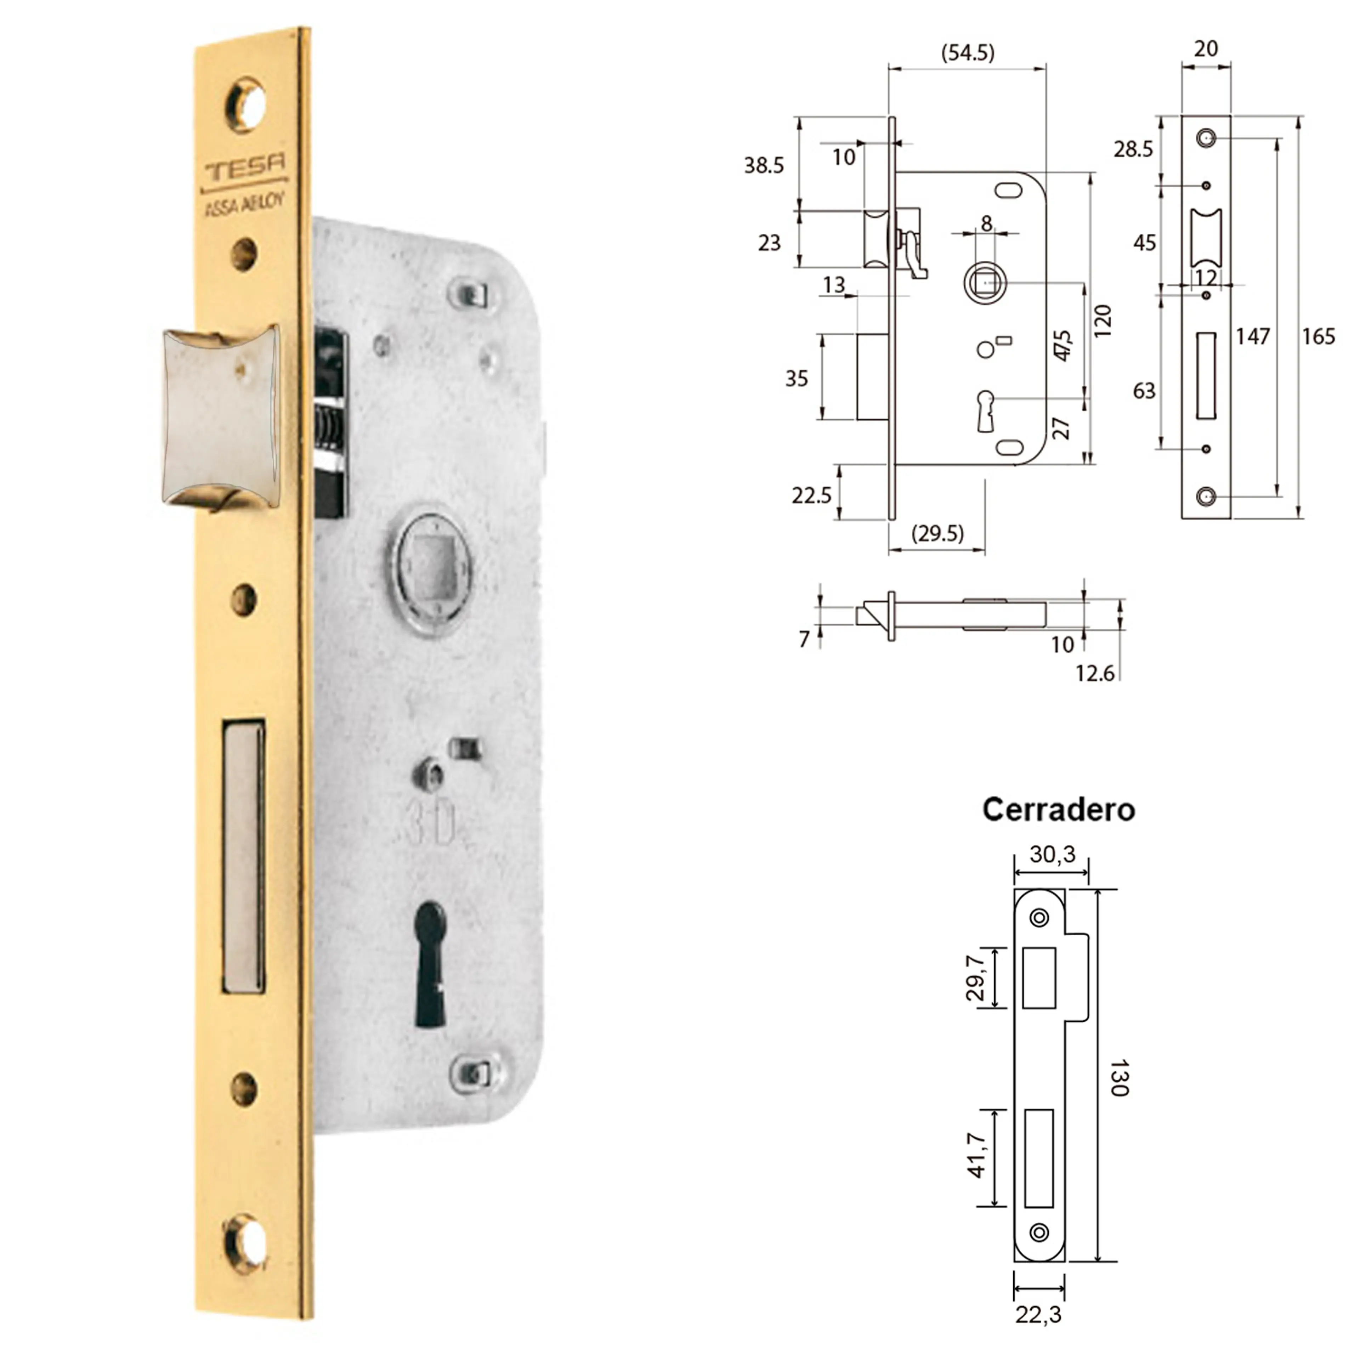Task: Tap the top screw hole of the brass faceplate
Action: pos(246,106)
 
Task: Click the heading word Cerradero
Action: pos(1058,810)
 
